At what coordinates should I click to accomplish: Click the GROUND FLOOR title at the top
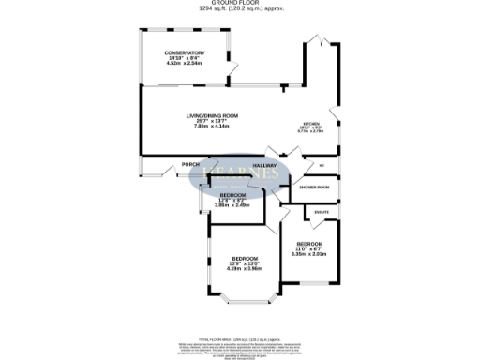[239, 3]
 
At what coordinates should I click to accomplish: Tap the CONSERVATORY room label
[185, 52]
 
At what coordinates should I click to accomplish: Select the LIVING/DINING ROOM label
[211, 116]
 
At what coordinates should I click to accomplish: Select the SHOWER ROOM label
[314, 187]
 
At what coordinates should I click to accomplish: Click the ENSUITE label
[322, 213]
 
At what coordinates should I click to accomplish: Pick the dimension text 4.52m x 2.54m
[185, 64]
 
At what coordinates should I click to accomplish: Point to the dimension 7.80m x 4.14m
[211, 127]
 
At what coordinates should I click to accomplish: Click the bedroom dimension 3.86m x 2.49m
[227, 205]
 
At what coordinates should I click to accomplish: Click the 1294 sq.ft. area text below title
[240, 10]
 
